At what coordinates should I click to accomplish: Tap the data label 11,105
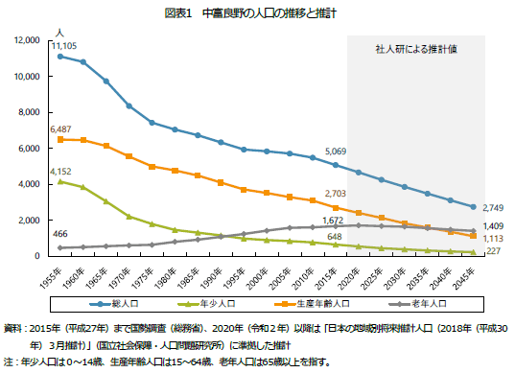click(x=64, y=45)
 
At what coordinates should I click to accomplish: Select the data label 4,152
click(x=59, y=171)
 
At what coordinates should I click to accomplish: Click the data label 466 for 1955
click(x=59, y=235)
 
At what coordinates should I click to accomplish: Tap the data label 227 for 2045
click(x=490, y=252)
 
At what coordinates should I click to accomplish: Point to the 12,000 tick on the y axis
click(x=26, y=40)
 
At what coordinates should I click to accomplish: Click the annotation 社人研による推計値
click(x=413, y=47)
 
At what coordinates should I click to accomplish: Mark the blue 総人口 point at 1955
click(x=60, y=57)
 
